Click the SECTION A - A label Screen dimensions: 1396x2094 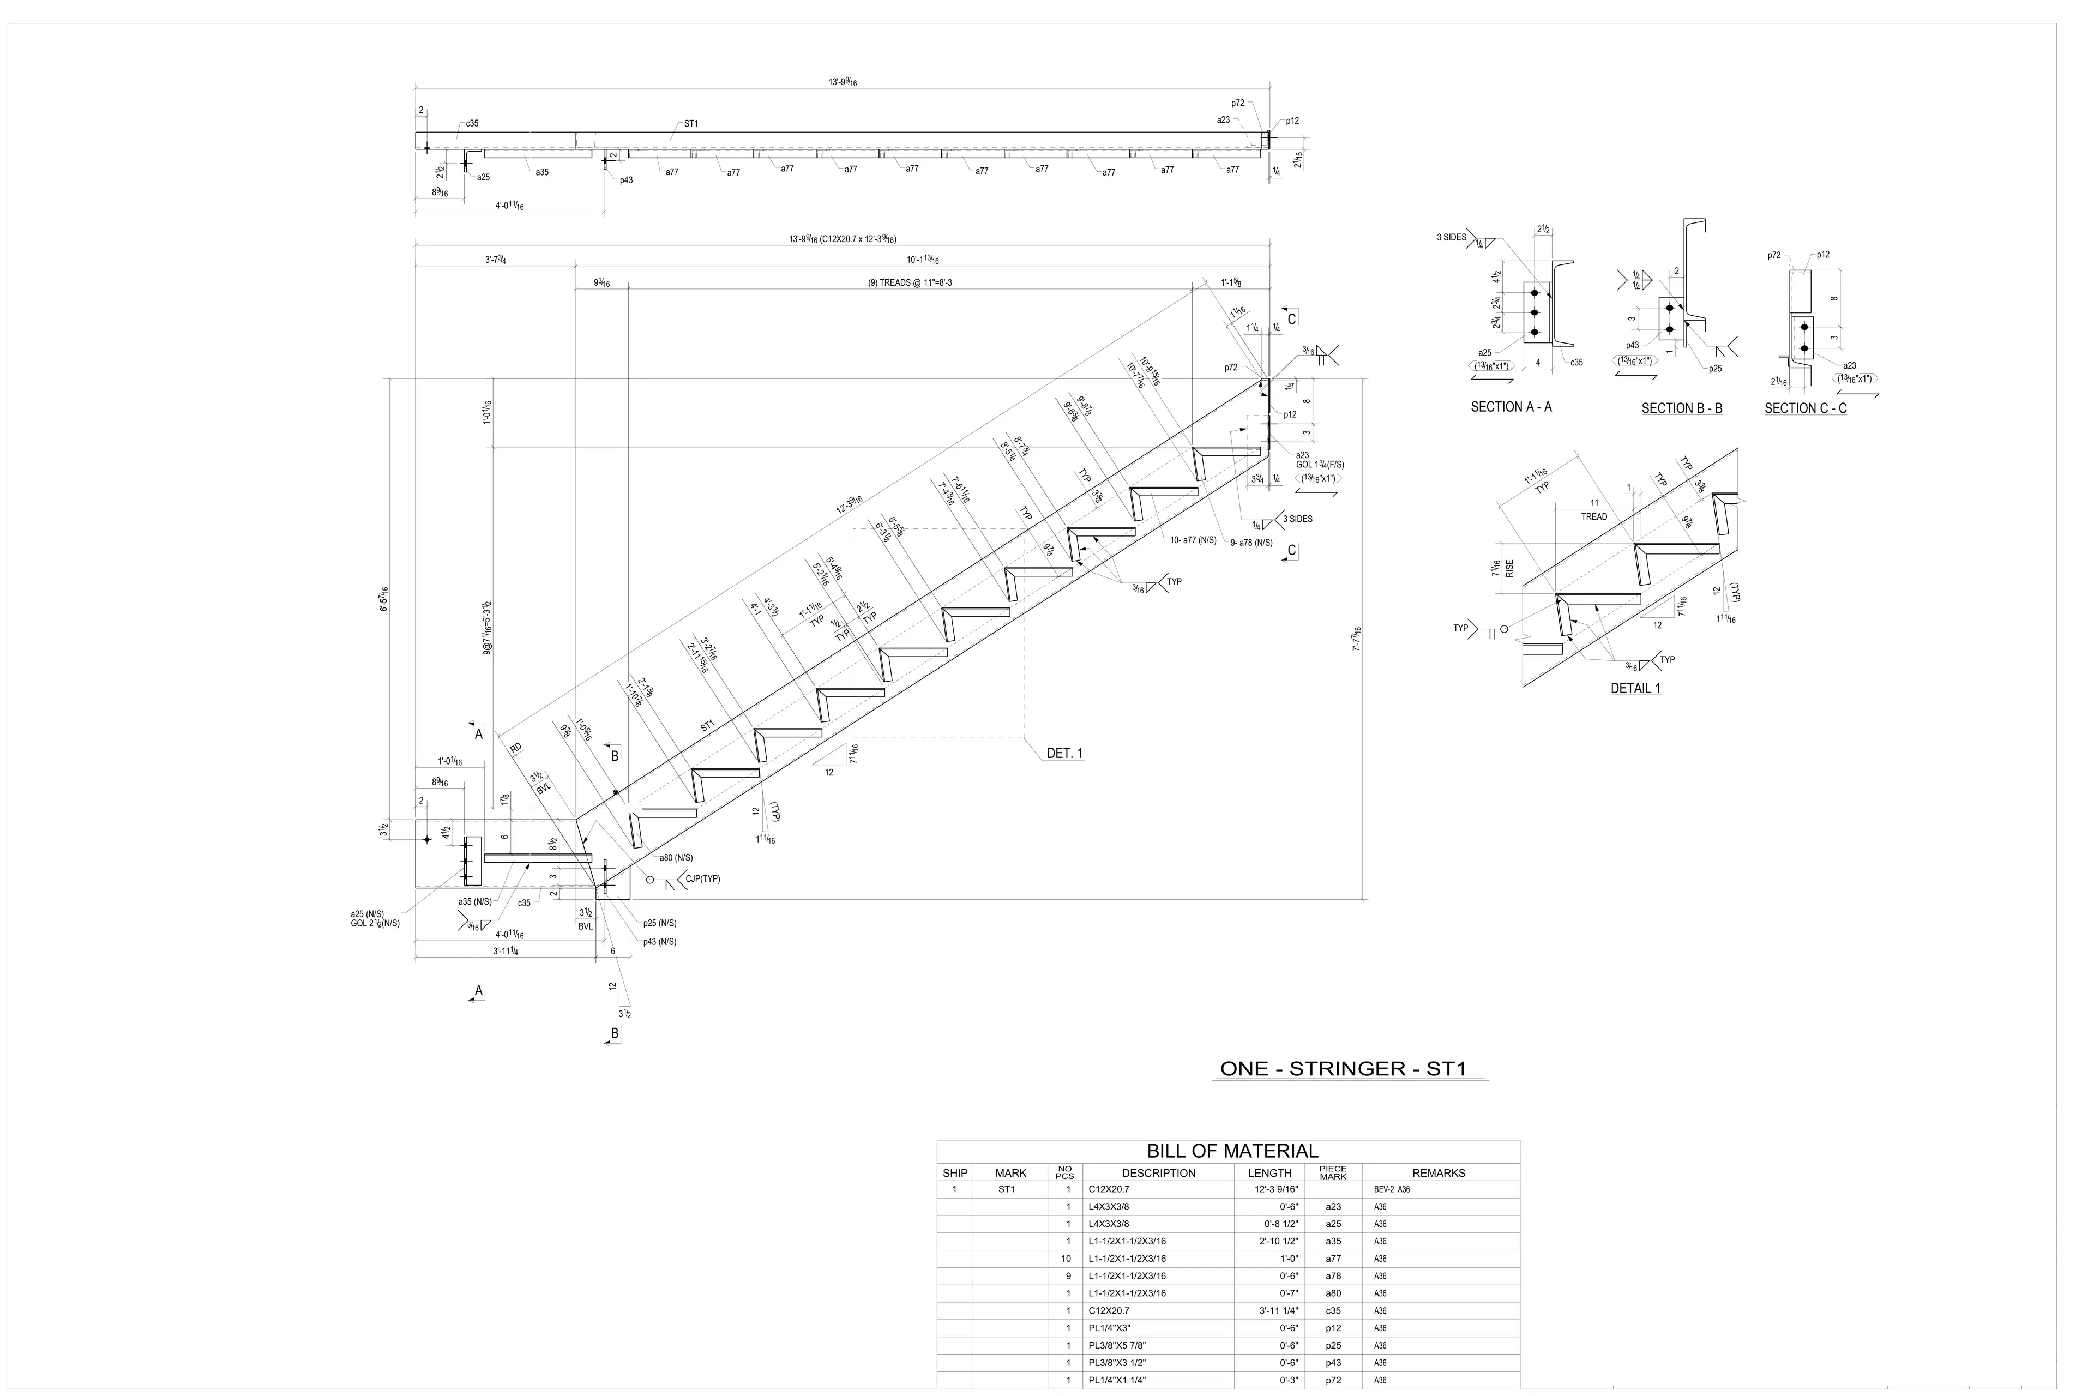coord(1511,407)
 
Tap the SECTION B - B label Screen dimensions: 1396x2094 coord(1682,408)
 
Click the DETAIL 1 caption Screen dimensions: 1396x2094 coord(1635,688)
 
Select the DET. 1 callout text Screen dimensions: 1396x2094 coord(1065,753)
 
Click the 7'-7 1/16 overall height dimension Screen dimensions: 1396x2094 coord(1357,639)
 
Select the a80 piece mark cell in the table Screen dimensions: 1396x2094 coord(1333,1293)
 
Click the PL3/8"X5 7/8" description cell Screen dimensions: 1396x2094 coord(1126,1345)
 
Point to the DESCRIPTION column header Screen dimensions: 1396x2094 coord(1158,1174)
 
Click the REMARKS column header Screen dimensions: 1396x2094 coord(1438,1174)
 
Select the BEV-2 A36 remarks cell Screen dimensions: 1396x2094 coord(1392,1189)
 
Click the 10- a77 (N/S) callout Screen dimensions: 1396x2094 coord(1193,540)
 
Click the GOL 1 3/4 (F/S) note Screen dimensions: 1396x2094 coord(1320,465)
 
